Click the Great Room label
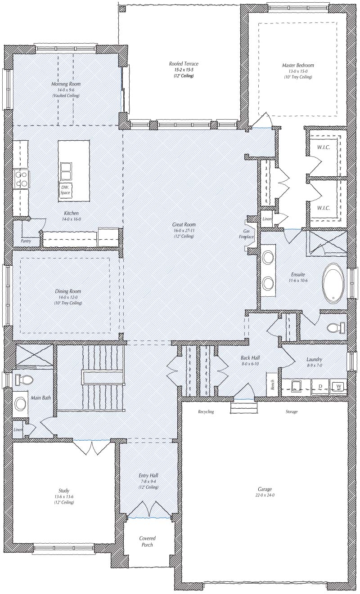click(x=184, y=225)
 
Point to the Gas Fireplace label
click(x=247, y=234)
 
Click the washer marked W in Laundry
click(x=338, y=386)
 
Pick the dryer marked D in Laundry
click(x=320, y=386)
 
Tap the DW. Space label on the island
click(x=65, y=190)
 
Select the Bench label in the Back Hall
click(x=272, y=385)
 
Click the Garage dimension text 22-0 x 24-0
click(x=265, y=495)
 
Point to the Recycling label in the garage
click(x=206, y=411)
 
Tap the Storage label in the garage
click(x=291, y=411)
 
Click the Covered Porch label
click(x=147, y=541)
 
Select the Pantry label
click(x=26, y=241)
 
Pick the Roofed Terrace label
click(x=184, y=64)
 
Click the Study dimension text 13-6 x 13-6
click(x=63, y=496)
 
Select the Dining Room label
click(x=68, y=291)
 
